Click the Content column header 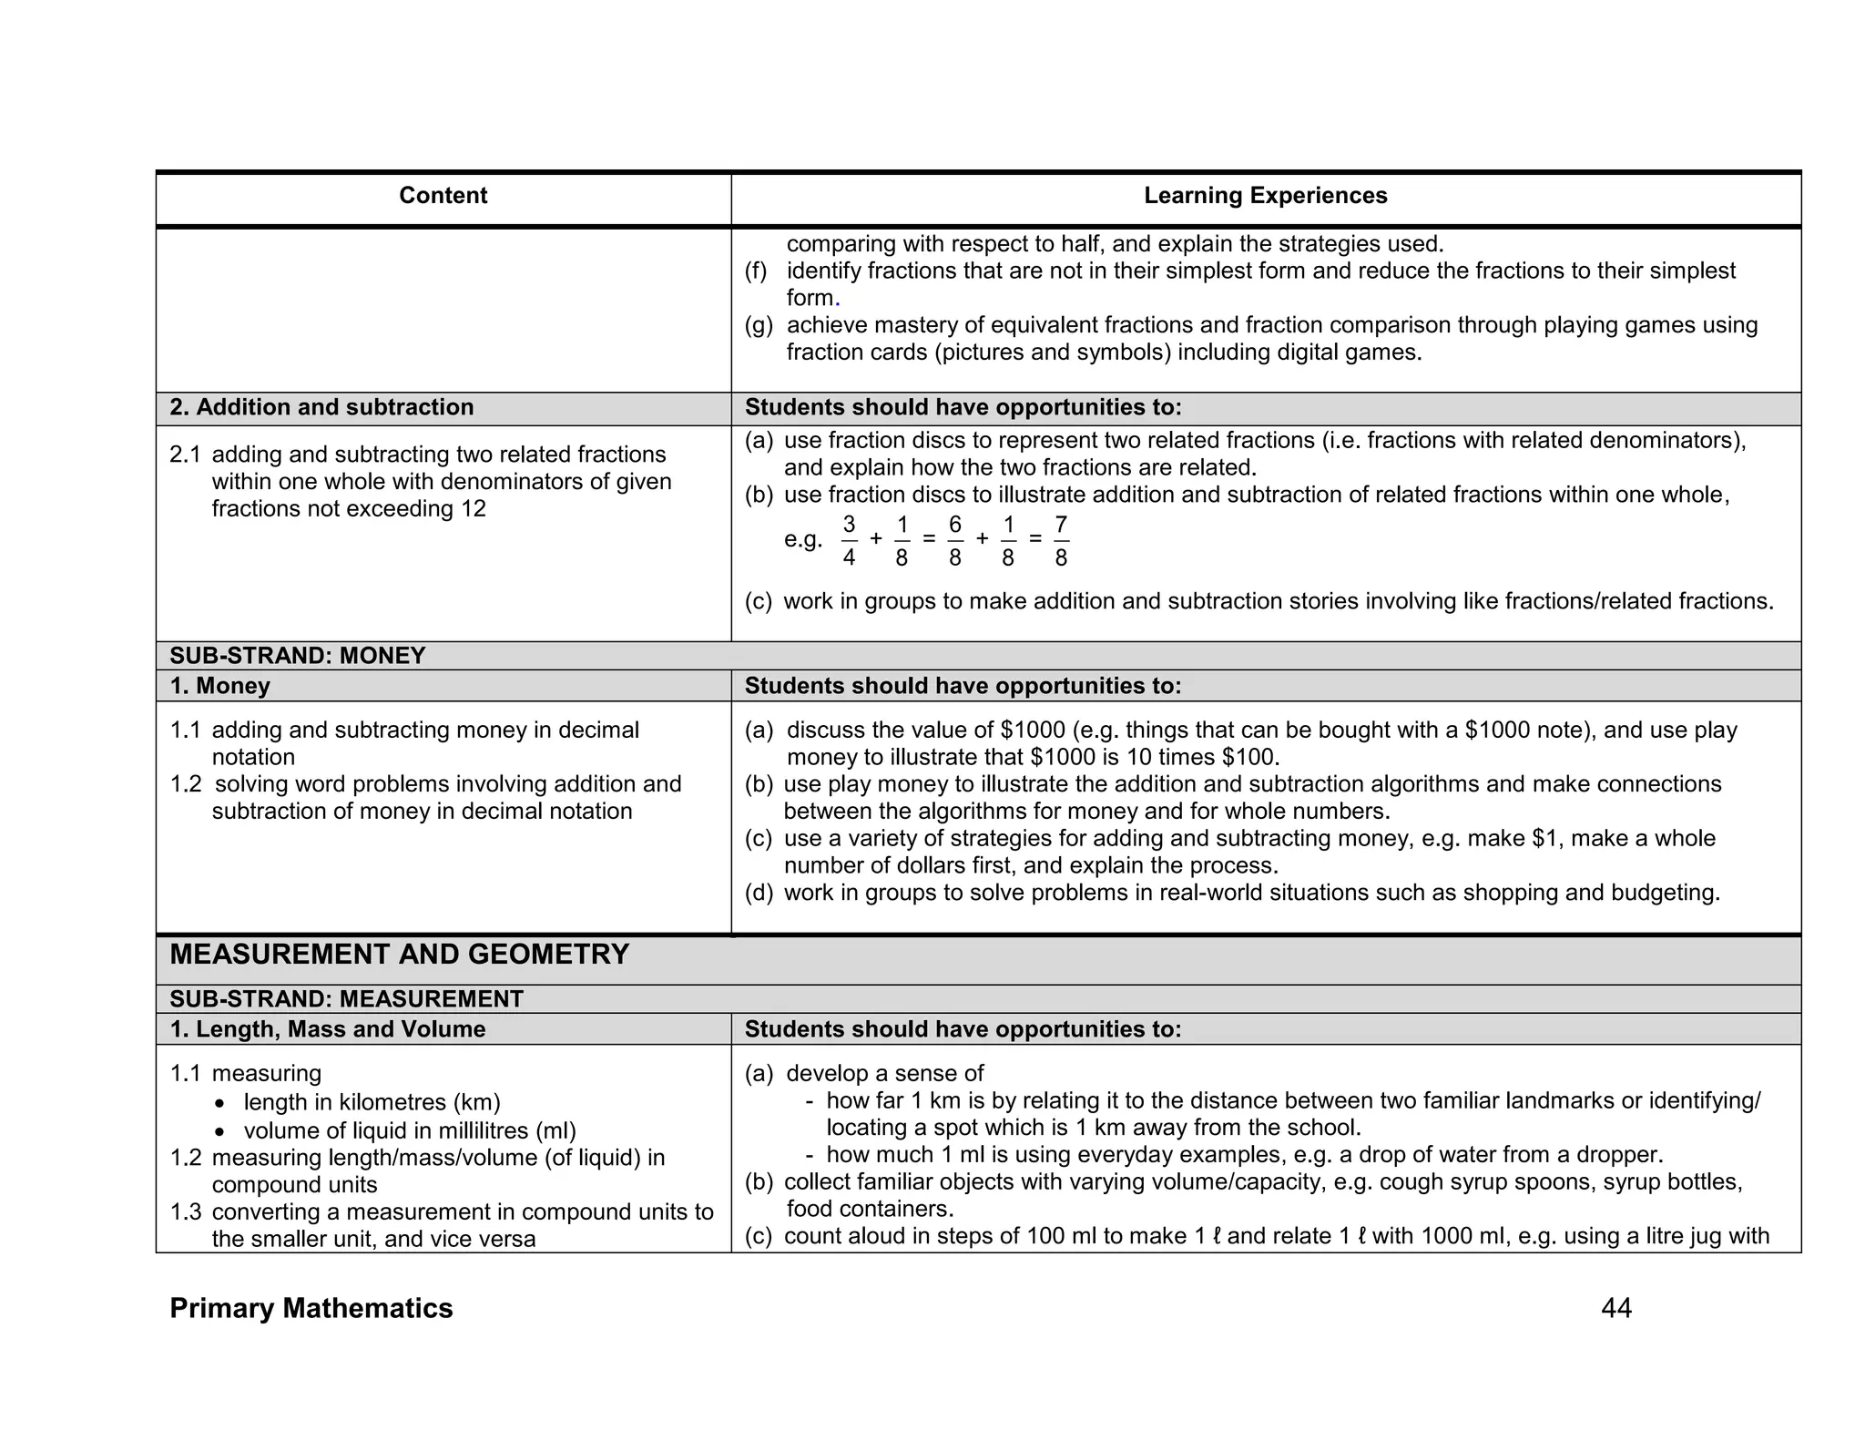pyautogui.click(x=443, y=196)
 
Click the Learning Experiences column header pyautogui.click(x=1265, y=196)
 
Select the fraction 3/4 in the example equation pyautogui.click(x=849, y=540)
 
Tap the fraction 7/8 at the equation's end pyautogui.click(x=1061, y=540)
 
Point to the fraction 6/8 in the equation pyautogui.click(x=954, y=540)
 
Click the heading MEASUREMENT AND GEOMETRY pyautogui.click(x=399, y=955)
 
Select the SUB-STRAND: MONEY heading pyautogui.click(x=298, y=656)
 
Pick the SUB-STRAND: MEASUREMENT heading pyautogui.click(x=346, y=999)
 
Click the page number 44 pyautogui.click(x=1615, y=1309)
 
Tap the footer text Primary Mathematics pyautogui.click(x=311, y=1309)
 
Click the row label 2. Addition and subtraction pyautogui.click(x=321, y=407)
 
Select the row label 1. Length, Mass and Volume pyautogui.click(x=328, y=1029)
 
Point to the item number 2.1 pyautogui.click(x=185, y=455)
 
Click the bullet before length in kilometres pyautogui.click(x=219, y=1104)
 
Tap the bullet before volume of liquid pyautogui.click(x=219, y=1132)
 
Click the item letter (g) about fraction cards pyautogui.click(x=759, y=325)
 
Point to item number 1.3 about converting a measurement pyautogui.click(x=185, y=1212)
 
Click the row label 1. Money pyautogui.click(x=220, y=686)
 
